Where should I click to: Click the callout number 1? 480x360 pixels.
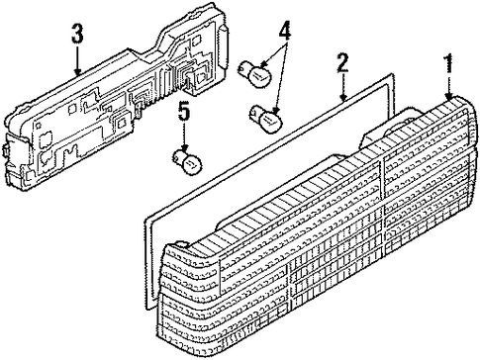pyautogui.click(x=448, y=64)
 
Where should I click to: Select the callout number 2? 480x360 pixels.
pyautogui.click(x=342, y=63)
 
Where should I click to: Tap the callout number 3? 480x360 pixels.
pyautogui.click(x=77, y=33)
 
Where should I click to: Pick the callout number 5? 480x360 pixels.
pyautogui.click(x=184, y=112)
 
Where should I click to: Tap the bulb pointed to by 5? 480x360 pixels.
pyautogui.click(x=188, y=161)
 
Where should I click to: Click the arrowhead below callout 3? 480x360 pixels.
pyautogui.click(x=77, y=71)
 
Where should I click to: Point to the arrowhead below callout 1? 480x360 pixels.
pyautogui.click(x=448, y=96)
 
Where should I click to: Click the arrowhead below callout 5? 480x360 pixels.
pyautogui.click(x=184, y=148)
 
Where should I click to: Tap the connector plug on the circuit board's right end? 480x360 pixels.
pyautogui.click(x=223, y=47)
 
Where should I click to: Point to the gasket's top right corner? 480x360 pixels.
pyautogui.click(x=393, y=75)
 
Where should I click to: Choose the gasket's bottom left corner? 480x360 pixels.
pyautogui.click(x=146, y=308)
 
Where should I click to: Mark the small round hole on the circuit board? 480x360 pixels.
pyautogui.click(x=40, y=125)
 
